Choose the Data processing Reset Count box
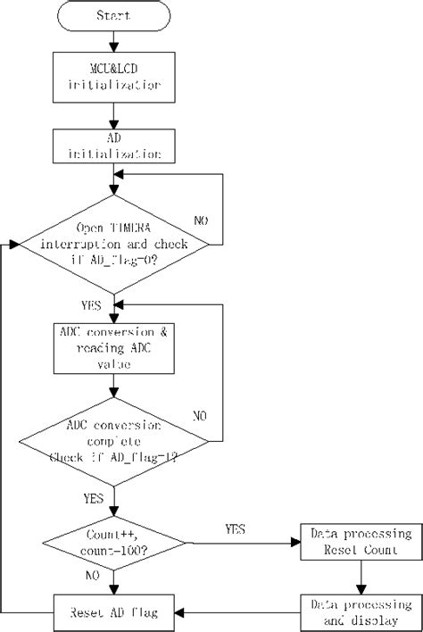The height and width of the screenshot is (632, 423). (361, 541)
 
